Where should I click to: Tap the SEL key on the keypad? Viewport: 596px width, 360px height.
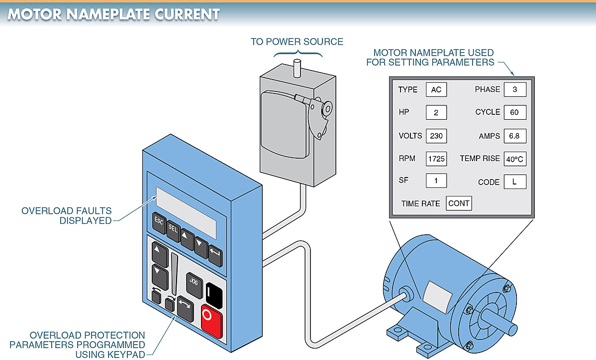pyautogui.click(x=173, y=229)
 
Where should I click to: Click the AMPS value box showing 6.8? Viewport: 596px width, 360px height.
pyautogui.click(x=514, y=136)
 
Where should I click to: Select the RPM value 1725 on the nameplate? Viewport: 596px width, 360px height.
pyautogui.click(x=436, y=159)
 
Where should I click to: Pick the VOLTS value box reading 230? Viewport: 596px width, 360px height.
pyautogui.click(x=436, y=136)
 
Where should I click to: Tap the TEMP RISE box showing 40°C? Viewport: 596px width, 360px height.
pyautogui.click(x=514, y=159)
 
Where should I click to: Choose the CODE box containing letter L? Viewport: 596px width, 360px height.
pyautogui.click(x=514, y=182)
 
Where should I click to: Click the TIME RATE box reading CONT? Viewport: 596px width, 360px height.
pyautogui.click(x=459, y=203)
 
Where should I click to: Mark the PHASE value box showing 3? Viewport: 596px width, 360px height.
pyautogui.click(x=514, y=90)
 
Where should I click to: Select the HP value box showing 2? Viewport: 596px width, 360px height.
pyautogui.click(x=436, y=112)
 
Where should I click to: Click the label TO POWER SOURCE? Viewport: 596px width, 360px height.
pyautogui.click(x=297, y=42)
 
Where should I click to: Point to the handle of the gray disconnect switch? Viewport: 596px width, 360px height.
pyautogui.click(x=319, y=108)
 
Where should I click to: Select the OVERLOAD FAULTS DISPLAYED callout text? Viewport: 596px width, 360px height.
pyautogui.click(x=67, y=216)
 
